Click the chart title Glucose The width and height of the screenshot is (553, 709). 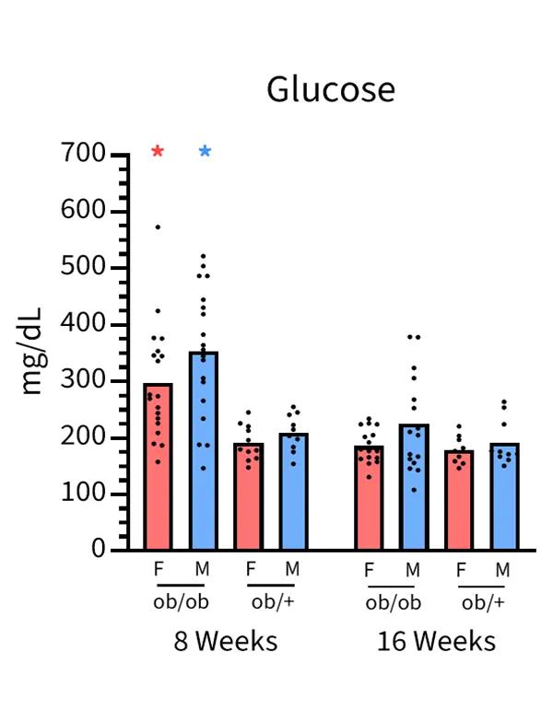[x=331, y=90]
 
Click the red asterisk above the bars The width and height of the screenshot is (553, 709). [x=158, y=152]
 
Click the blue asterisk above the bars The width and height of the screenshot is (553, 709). [x=205, y=152]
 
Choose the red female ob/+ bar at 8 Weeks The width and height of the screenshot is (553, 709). [x=248, y=502]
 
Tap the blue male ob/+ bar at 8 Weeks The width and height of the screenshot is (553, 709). [x=294, y=497]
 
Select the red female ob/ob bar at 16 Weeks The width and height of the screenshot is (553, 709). [x=370, y=502]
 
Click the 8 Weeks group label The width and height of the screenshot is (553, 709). [x=226, y=641]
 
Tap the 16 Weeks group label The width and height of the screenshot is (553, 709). [x=436, y=641]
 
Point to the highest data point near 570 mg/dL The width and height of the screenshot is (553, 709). [x=158, y=227]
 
